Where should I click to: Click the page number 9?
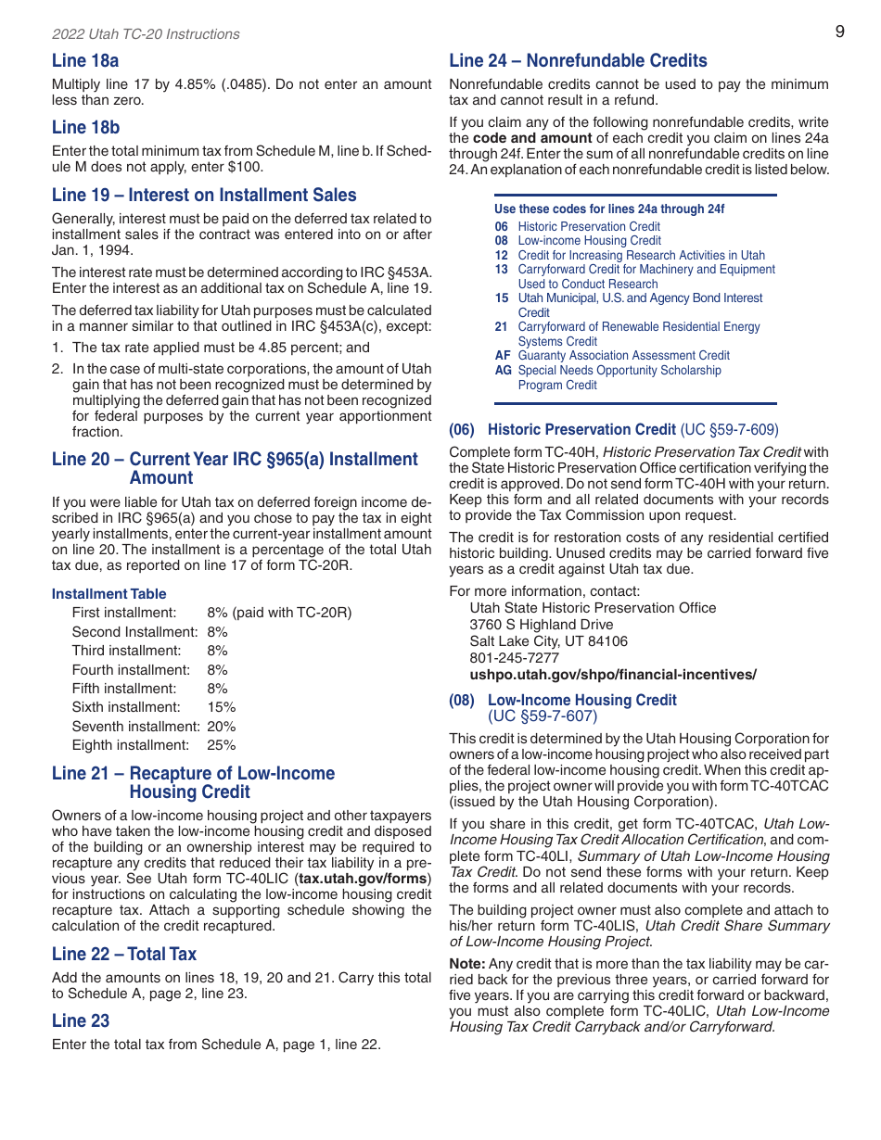pos(839,32)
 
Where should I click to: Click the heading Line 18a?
pos(85,61)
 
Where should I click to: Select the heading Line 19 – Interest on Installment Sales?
pos(204,195)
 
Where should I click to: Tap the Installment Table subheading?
pos(109,594)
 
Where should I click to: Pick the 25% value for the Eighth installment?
pos(222,745)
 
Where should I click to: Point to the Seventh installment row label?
pos(135,727)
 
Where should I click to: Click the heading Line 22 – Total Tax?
pos(124,954)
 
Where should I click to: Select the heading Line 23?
pos(81,1020)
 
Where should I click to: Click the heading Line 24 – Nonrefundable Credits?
pos(578,61)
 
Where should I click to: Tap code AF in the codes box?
pos(502,356)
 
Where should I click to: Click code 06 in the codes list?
pos(501,227)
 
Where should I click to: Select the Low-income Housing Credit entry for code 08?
pos(589,241)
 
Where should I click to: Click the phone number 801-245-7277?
pos(514,658)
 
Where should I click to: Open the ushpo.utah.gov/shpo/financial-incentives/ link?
pos(612,675)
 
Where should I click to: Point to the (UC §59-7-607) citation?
pos(543,716)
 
